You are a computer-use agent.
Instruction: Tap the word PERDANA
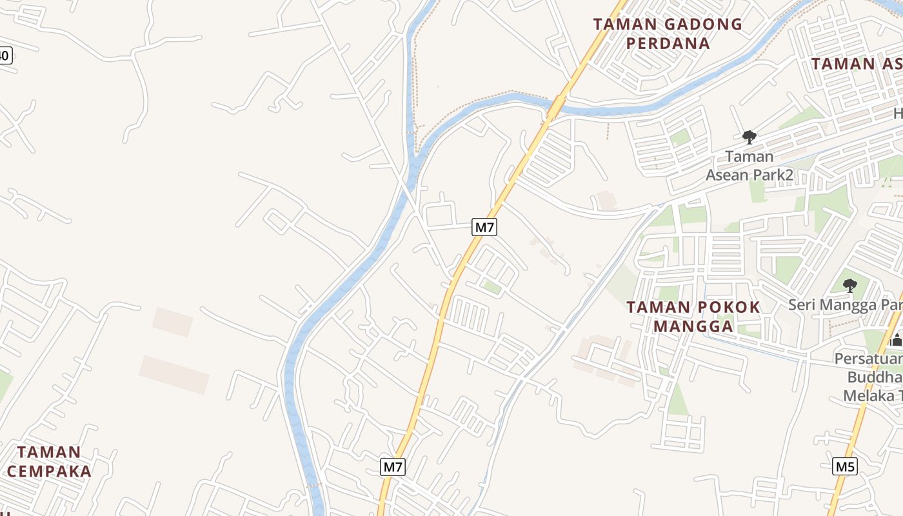coord(668,44)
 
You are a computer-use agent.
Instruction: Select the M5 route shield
coord(845,466)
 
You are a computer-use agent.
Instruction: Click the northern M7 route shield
coord(485,227)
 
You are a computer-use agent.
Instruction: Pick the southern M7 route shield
coord(392,466)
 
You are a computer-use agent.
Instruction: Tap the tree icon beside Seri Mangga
coord(850,285)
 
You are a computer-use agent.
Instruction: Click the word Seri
coord(804,304)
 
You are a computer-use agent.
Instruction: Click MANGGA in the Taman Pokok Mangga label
coord(693,326)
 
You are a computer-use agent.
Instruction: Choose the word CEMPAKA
coord(49,471)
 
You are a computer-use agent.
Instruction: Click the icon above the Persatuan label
coord(896,340)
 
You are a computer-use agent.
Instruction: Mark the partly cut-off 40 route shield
coord(5,55)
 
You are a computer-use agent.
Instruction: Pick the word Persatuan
coord(868,358)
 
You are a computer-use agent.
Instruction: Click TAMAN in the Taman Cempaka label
coord(49,451)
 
